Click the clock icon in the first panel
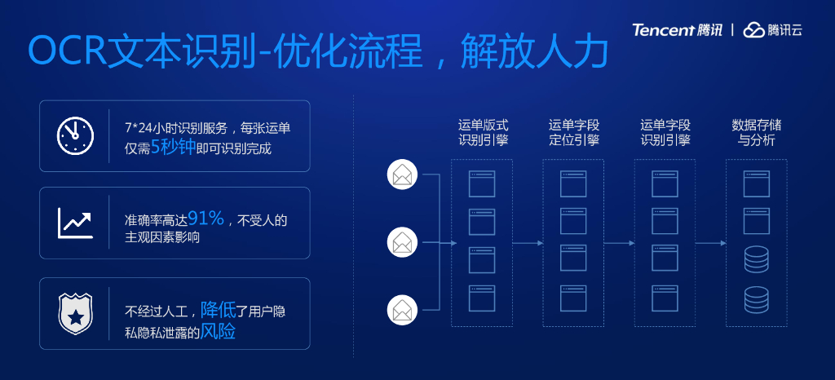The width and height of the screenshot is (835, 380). pyautogui.click(x=75, y=135)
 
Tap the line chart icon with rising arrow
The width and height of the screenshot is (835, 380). pyautogui.click(x=75, y=223)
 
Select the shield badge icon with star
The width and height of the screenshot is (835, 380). pyautogui.click(x=75, y=314)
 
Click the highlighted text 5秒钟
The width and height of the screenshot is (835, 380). pyautogui.click(x=173, y=149)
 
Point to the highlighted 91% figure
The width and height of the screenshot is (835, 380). pyautogui.click(x=205, y=219)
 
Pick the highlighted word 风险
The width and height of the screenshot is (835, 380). pyautogui.click(x=218, y=333)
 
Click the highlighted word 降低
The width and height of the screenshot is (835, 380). pyautogui.click(x=218, y=310)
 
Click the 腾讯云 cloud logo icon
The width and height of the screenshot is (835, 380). pyautogui.click(x=753, y=30)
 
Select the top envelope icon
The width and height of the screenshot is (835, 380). pyautogui.click(x=402, y=175)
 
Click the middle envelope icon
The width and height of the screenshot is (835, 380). pyautogui.click(x=402, y=242)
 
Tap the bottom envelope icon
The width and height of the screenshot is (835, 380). pyautogui.click(x=402, y=310)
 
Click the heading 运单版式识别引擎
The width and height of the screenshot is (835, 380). pyautogui.click(x=483, y=133)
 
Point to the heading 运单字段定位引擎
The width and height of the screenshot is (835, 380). pyautogui.click(x=574, y=133)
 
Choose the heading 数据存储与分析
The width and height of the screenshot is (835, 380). pyautogui.click(x=757, y=133)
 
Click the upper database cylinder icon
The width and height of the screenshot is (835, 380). pyautogui.click(x=757, y=260)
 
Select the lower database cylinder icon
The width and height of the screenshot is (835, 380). pyautogui.click(x=757, y=299)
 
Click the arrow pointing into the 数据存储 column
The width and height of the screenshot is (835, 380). pyautogui.click(x=711, y=243)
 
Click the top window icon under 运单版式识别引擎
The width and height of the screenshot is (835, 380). pyautogui.click(x=482, y=183)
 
